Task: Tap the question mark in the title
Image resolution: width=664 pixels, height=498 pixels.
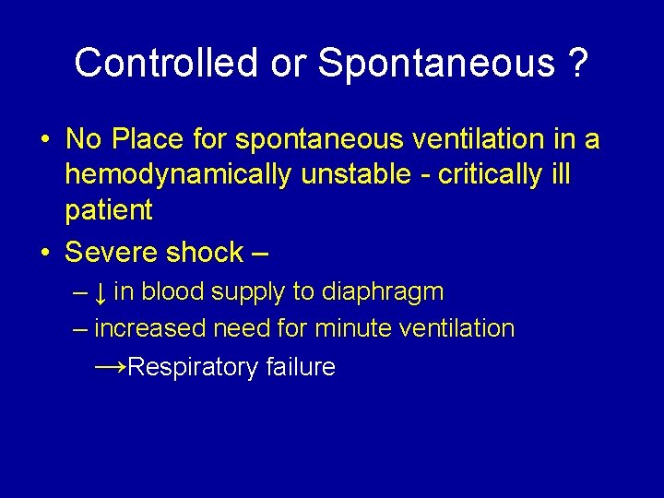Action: tap(578, 63)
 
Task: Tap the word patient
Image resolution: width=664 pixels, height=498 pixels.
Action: tap(108, 210)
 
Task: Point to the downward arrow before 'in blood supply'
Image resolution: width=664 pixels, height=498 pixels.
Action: tap(101, 293)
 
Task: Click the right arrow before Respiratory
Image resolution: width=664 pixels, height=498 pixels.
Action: tap(111, 366)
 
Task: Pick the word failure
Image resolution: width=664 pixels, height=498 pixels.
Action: tap(300, 367)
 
